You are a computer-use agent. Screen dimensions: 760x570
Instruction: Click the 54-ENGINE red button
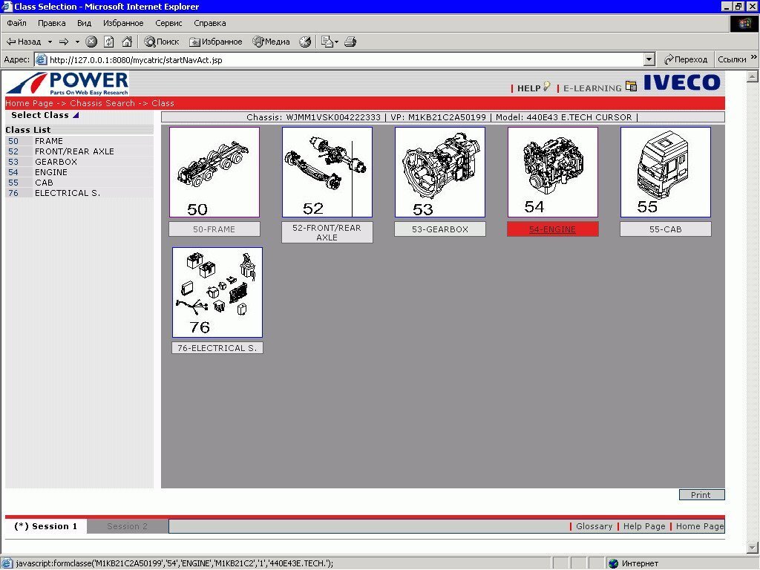[x=552, y=229]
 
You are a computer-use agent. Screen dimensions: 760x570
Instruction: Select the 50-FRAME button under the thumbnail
[x=214, y=229]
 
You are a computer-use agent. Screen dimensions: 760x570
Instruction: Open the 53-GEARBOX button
[x=440, y=229]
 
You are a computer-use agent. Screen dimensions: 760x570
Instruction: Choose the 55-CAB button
[x=666, y=229]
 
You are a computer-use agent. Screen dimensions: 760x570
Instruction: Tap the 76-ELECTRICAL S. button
[x=217, y=348]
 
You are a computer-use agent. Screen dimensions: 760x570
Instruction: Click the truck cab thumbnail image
[x=666, y=172]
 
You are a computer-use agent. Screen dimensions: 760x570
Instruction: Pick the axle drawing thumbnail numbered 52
[x=327, y=172]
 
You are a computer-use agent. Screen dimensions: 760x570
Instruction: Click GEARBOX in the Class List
[x=56, y=162]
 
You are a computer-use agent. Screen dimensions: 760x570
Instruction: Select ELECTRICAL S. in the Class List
[x=68, y=193]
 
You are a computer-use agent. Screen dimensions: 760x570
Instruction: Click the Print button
[x=701, y=495]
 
